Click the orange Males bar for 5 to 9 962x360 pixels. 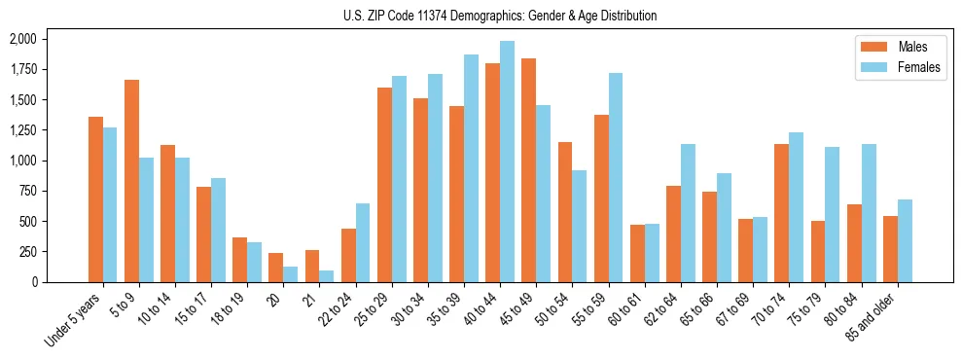[131, 181]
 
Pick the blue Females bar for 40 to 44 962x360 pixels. [507, 162]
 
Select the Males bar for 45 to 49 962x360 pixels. [528, 170]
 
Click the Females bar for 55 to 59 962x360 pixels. [616, 177]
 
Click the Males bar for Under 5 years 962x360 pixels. [95, 199]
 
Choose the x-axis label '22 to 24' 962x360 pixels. [339, 310]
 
